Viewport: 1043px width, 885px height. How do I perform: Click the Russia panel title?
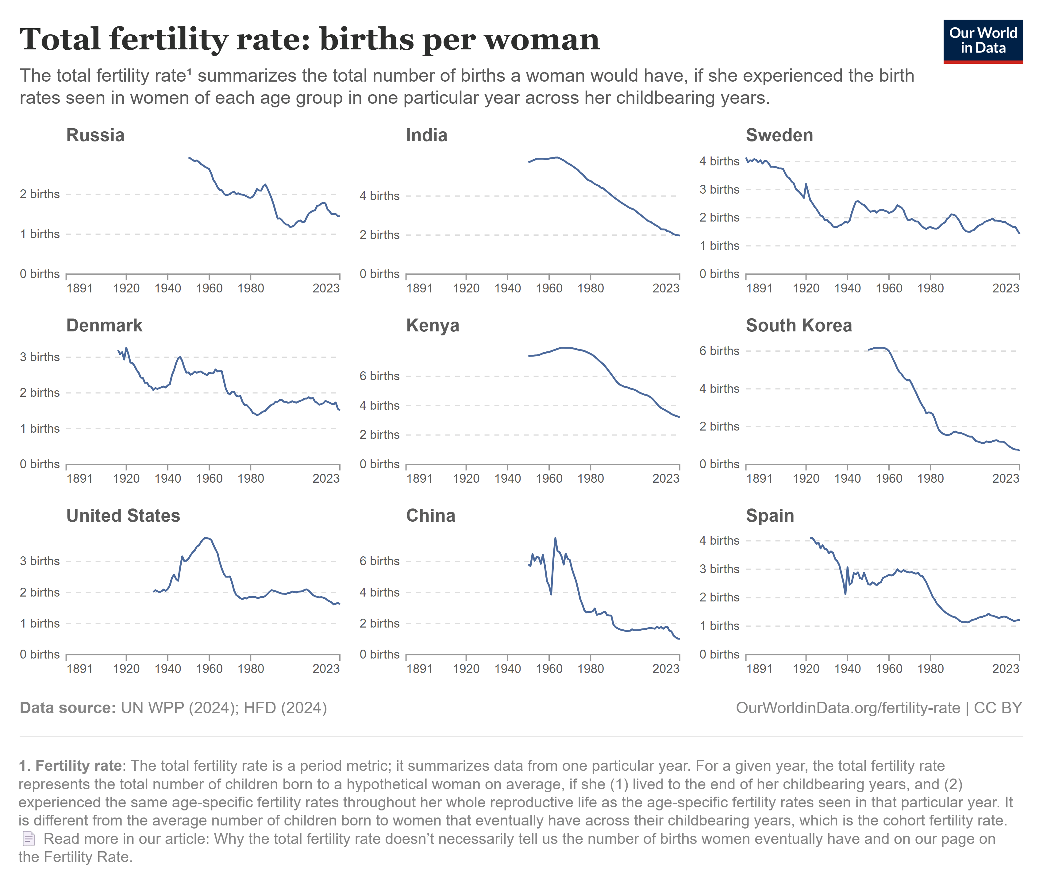95,135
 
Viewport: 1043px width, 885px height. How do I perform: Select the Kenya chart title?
432,326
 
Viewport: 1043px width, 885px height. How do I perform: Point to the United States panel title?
123,516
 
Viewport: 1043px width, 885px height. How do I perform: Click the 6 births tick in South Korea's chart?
719,351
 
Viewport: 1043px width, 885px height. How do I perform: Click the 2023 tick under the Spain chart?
1005,669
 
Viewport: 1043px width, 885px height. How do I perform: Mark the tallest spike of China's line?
555,538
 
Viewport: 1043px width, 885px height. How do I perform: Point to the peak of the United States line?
206,538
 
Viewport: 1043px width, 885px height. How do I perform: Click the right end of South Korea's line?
1019,450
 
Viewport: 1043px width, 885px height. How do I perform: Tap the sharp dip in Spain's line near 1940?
845,594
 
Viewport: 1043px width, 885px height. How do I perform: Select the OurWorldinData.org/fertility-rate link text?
847,708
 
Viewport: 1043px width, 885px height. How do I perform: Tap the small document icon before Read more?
29,839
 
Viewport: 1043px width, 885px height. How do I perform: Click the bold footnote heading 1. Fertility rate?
70,766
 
